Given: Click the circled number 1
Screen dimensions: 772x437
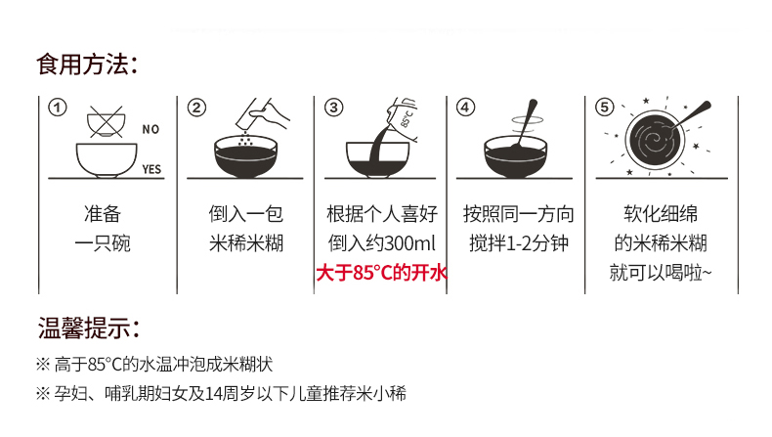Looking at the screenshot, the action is coord(57,108).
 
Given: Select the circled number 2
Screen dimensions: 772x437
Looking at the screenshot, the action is coord(196,108).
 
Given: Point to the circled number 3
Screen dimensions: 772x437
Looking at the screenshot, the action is coord(334,108).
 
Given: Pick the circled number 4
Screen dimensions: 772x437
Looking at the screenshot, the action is coord(465,108).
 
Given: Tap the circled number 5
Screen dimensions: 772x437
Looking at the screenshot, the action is coord(605,108).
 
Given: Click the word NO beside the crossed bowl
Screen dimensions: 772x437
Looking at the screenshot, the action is coord(150,130).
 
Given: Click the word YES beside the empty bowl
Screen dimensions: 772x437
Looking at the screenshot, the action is coord(151,169).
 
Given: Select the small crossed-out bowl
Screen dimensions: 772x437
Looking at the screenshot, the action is coord(106,121).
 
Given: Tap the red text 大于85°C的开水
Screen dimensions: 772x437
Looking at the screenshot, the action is coord(381,273).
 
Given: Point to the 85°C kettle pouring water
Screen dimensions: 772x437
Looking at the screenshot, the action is coord(403,119).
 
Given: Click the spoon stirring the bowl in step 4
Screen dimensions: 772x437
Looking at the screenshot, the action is coord(525,123).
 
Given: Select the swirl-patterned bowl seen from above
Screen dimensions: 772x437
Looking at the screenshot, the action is coord(656,140).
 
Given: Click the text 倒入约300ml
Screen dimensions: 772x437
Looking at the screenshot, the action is coord(382,243).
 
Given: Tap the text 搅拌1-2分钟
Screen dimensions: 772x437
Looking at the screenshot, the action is coord(519,243).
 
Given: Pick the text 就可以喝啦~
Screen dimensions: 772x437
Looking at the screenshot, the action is coord(661,273).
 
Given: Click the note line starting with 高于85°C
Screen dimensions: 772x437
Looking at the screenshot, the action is coord(154,365).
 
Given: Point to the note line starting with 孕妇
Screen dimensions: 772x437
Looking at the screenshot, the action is coord(222,394).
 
